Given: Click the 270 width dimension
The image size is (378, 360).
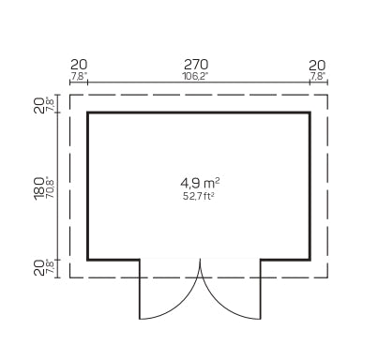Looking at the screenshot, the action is click(x=196, y=65).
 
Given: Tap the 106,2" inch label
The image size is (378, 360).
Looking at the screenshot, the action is click(x=195, y=77).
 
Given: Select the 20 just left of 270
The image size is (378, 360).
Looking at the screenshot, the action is click(x=79, y=65).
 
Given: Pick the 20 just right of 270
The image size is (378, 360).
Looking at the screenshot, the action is click(x=317, y=66).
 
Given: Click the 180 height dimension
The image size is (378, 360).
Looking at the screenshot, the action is click(x=39, y=188).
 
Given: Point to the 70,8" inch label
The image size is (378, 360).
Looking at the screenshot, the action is click(x=50, y=188).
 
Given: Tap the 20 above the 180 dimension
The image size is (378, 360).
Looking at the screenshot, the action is click(x=39, y=105).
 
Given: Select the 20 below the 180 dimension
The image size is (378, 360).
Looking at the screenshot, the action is click(x=39, y=268).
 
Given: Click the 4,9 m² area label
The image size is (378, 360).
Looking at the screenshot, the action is click(x=200, y=183).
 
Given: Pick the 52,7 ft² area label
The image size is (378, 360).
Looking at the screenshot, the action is click(x=199, y=197).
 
